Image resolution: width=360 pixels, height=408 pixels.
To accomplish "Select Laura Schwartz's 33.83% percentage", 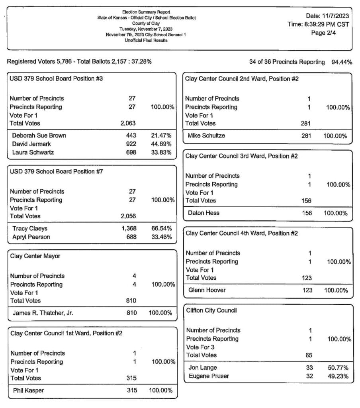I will coord(161,152).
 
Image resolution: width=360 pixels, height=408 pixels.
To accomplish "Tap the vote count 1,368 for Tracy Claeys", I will coord(129,228).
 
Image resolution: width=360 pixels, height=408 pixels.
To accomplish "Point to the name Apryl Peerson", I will coord(31,237).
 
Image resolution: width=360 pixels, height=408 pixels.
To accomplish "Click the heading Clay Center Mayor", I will coord(35,256).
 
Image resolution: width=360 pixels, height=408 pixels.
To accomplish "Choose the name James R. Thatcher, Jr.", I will coord(43,313).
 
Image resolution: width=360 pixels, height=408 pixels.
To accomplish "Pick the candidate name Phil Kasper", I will coord(28,390).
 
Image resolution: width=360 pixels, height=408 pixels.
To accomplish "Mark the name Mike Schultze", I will coord(206,136).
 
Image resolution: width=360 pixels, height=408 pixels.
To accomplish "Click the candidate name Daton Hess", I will coord(203,213).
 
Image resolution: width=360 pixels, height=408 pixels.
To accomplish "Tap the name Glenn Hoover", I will coord(207,290).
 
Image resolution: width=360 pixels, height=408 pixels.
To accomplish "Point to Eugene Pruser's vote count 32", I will coord(309,376).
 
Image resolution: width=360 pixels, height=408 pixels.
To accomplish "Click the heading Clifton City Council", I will coord(211,310).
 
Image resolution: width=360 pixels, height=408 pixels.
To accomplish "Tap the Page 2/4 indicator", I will coord(325,33).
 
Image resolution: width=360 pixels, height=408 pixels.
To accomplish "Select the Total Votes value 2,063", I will coord(128,124).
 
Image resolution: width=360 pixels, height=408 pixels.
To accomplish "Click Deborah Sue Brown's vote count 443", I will coord(131,135).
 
